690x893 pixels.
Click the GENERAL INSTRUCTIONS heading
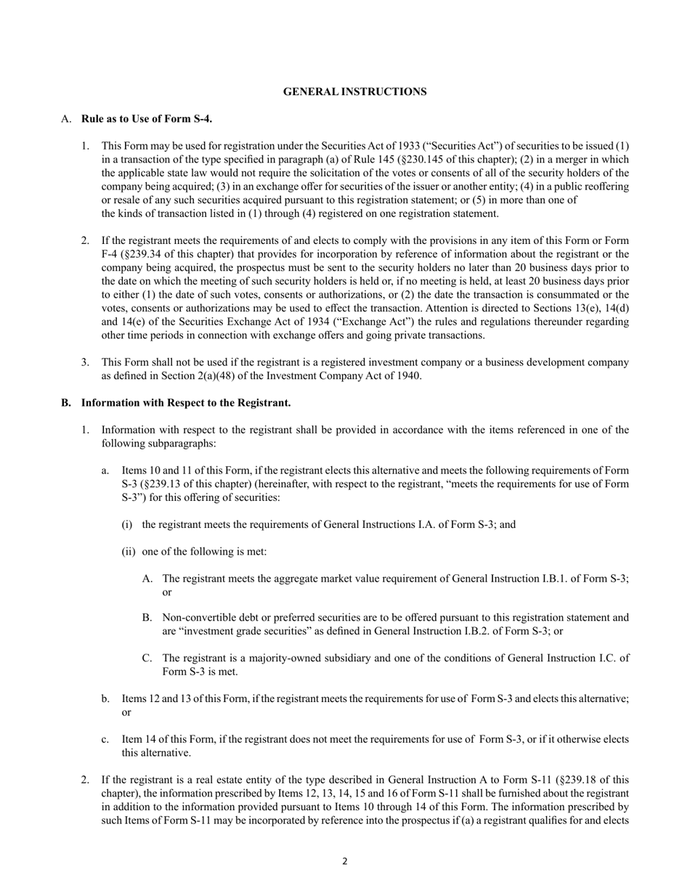[x=354, y=91]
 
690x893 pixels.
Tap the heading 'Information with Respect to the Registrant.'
[x=186, y=402]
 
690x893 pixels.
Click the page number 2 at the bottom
[x=345, y=862]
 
